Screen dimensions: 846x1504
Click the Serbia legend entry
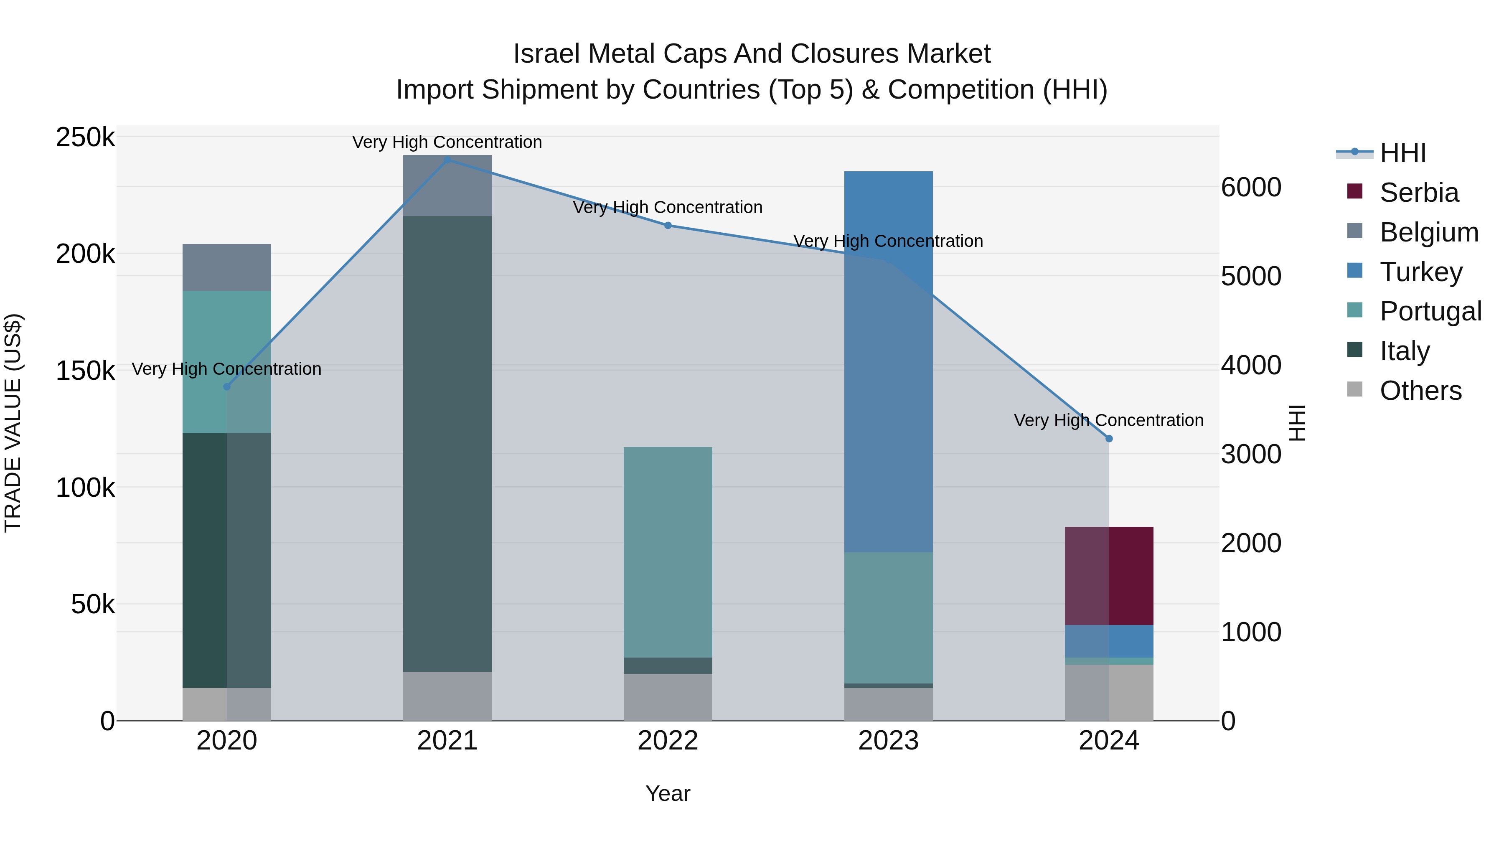click(x=1419, y=193)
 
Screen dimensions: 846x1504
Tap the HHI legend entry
click(x=1402, y=153)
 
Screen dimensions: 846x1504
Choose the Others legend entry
click(x=1420, y=391)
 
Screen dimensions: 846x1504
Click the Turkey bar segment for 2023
click(x=888, y=362)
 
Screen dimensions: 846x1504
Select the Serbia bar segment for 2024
click(x=1109, y=576)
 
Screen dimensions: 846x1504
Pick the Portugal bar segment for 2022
click(x=668, y=552)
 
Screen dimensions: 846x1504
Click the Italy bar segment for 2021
click(x=447, y=444)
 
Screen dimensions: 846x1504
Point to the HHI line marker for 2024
click(x=1109, y=439)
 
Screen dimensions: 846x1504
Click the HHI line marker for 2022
click(x=668, y=225)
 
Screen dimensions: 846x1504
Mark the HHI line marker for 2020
click(x=227, y=386)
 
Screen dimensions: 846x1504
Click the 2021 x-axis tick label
click(x=447, y=741)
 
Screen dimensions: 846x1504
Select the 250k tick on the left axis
click(x=85, y=138)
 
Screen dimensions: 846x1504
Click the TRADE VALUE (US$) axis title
click(x=13, y=423)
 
